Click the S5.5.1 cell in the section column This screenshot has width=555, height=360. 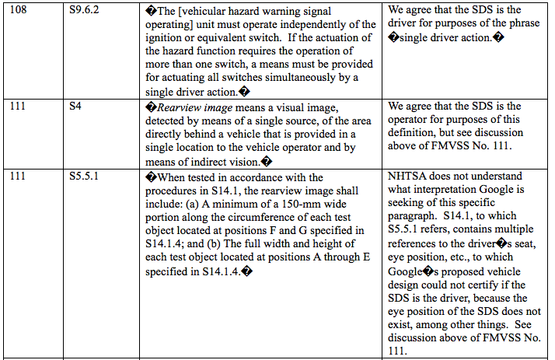point(83,177)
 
